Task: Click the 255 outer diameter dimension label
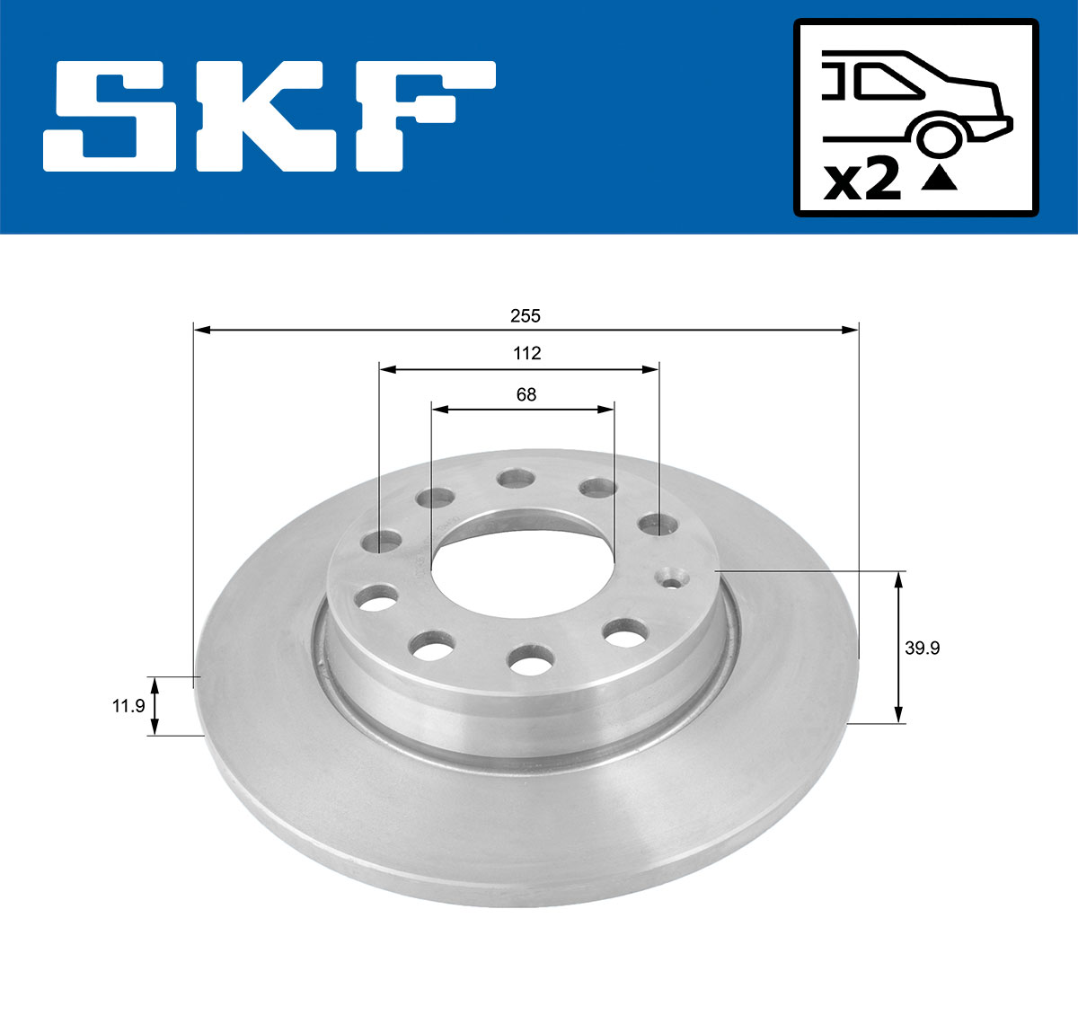coord(526,315)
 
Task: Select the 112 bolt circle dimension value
coord(526,353)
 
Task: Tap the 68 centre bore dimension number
coord(526,394)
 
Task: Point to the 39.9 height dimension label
coord(922,648)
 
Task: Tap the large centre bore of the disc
coord(522,561)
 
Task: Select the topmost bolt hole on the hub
coord(515,478)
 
